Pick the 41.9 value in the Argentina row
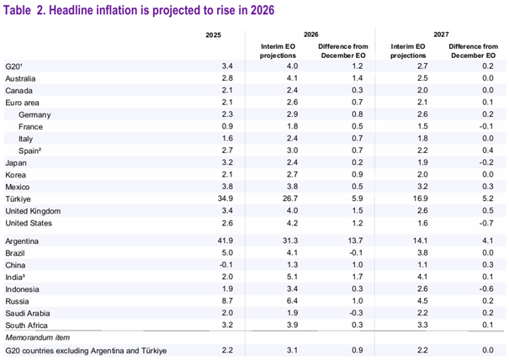pyautogui.click(x=215, y=240)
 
